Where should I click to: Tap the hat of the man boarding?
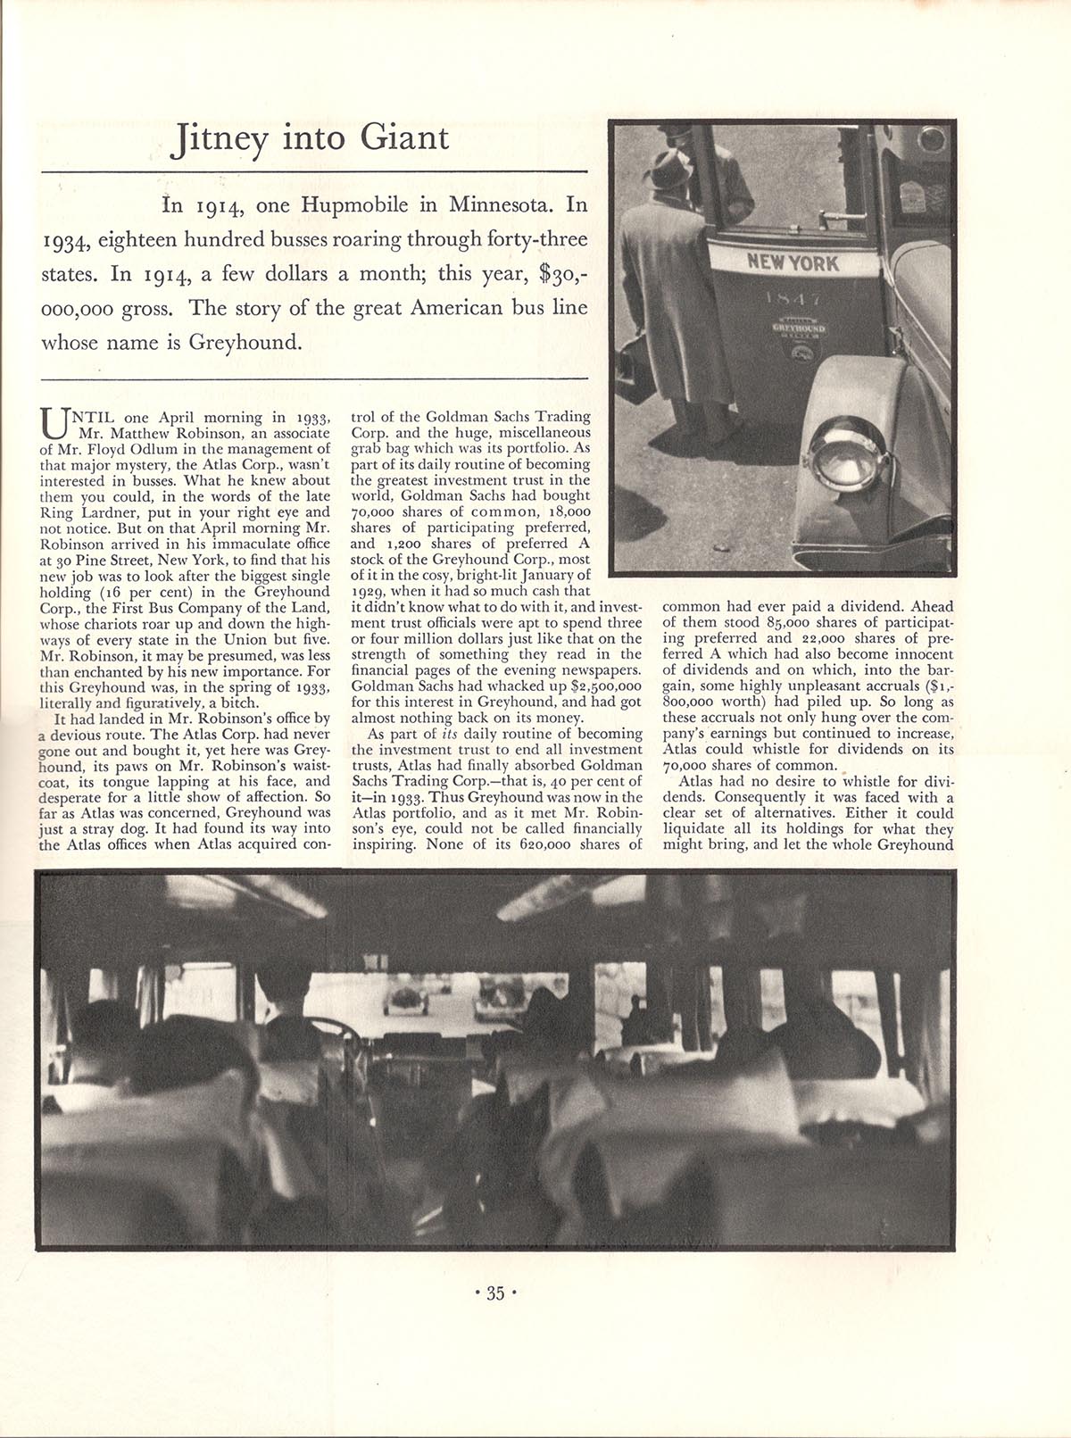[x=668, y=167]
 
